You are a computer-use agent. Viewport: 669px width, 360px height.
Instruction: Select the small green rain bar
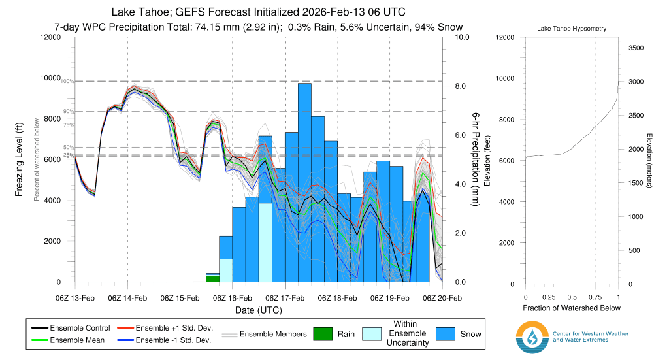click(212, 278)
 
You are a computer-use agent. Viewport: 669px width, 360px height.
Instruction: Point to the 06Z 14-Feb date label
click(127, 298)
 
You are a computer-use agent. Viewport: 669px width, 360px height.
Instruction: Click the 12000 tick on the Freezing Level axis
click(50, 37)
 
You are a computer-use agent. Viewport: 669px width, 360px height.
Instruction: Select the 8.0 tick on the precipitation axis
click(461, 86)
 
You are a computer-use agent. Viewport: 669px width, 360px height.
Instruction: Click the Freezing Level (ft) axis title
click(20, 159)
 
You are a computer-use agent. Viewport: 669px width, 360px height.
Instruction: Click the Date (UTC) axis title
click(258, 309)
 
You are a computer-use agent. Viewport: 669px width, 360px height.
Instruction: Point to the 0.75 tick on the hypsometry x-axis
click(595, 297)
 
